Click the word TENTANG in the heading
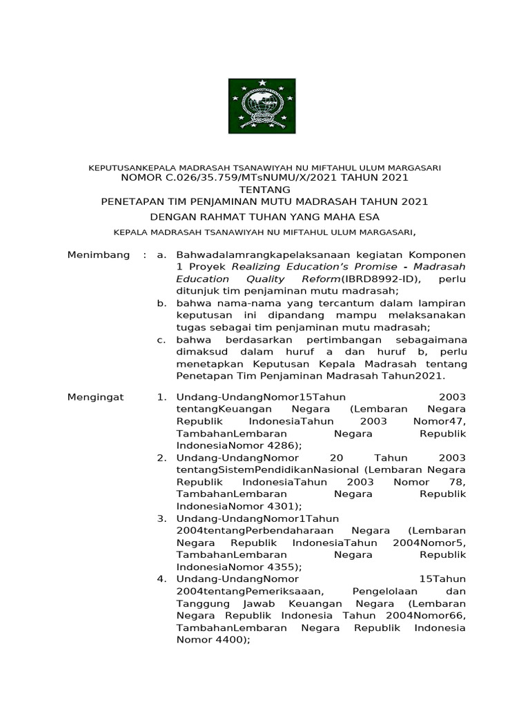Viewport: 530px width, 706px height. [265, 189]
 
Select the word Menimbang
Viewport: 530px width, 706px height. [98, 255]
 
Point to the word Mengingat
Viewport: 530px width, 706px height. [95, 397]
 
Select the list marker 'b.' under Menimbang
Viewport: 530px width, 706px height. [161, 303]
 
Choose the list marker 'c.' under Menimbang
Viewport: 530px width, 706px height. [161, 340]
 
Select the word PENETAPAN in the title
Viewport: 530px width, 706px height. [129, 201]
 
